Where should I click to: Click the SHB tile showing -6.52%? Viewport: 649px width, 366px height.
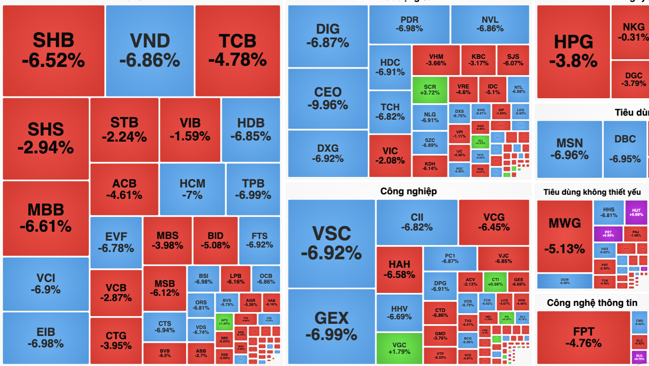53,50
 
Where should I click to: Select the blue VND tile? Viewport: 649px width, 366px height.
149,50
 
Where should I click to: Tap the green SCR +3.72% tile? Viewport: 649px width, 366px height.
430,90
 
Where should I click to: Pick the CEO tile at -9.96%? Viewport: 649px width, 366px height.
328,98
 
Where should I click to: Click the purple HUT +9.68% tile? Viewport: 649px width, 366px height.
636,212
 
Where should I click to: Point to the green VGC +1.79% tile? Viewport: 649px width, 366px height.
399,348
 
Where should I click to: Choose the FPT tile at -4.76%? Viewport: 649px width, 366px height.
583,337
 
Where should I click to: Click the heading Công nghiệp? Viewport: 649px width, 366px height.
408,191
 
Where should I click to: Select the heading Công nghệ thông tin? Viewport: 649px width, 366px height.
592,303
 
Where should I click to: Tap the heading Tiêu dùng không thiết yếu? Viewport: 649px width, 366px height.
592,192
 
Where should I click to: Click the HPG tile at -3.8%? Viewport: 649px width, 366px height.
573,51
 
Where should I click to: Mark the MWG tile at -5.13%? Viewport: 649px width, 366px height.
565,236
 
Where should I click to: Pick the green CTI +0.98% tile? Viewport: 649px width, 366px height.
495,282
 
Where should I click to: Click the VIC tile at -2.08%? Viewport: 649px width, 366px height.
390,155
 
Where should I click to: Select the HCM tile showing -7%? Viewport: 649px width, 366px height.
192,189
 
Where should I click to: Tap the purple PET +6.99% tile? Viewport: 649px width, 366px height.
608,234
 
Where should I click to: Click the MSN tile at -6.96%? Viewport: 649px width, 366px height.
569,149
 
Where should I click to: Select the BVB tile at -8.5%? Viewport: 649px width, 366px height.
164,353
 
